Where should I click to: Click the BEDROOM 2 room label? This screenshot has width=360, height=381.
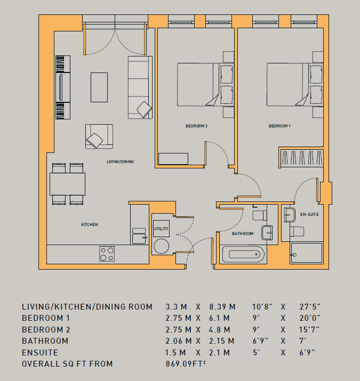[x=197, y=126]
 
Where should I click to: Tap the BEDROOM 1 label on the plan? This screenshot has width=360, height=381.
[x=279, y=126]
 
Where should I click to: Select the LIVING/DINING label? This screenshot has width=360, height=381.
[x=120, y=161]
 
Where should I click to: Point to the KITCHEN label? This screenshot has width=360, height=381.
[x=90, y=224]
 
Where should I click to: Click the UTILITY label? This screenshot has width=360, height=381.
[x=161, y=229]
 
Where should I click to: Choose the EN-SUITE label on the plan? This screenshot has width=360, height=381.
[x=309, y=214]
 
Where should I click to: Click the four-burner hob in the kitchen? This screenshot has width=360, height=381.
[x=107, y=254]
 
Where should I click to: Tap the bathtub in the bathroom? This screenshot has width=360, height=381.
[x=243, y=254]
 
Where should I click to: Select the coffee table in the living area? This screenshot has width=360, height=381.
[x=99, y=87]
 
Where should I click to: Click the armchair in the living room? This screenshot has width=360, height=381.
[x=99, y=136]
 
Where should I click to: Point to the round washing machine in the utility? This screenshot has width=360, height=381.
[x=161, y=246]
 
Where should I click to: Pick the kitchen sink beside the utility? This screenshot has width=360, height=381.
[x=139, y=236]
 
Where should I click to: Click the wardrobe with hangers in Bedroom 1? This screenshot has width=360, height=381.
[x=301, y=157]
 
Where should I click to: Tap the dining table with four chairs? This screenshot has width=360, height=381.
[x=67, y=184]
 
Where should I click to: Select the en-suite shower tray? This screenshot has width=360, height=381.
[x=306, y=253]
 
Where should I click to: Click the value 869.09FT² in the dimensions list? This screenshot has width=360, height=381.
[x=186, y=364]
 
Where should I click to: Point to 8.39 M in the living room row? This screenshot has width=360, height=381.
[x=222, y=306]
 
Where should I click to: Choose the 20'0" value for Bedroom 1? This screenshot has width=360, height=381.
[x=310, y=318]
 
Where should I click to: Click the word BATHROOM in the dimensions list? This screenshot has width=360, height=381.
[x=45, y=341]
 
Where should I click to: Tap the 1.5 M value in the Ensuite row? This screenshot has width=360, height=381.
[x=175, y=353]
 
